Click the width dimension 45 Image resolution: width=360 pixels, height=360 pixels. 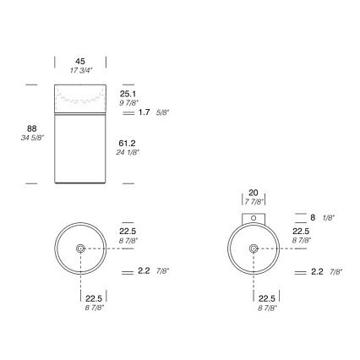pyautogui.click(x=80, y=61)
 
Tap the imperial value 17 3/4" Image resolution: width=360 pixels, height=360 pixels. pyautogui.click(x=81, y=70)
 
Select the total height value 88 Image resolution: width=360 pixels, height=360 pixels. pyautogui.click(x=32, y=128)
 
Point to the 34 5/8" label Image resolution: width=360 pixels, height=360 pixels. pyautogui.click(x=32, y=138)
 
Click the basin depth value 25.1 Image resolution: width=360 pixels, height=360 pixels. pyautogui.click(x=128, y=94)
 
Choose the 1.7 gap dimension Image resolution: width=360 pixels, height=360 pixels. pyautogui.click(x=145, y=112)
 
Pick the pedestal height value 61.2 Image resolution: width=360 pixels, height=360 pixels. pyautogui.click(x=127, y=144)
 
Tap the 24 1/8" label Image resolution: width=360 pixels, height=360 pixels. pyautogui.click(x=128, y=152)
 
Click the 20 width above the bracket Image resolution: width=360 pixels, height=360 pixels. pyautogui.click(x=254, y=193)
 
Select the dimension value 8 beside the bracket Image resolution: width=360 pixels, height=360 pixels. pyautogui.click(x=313, y=217)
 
